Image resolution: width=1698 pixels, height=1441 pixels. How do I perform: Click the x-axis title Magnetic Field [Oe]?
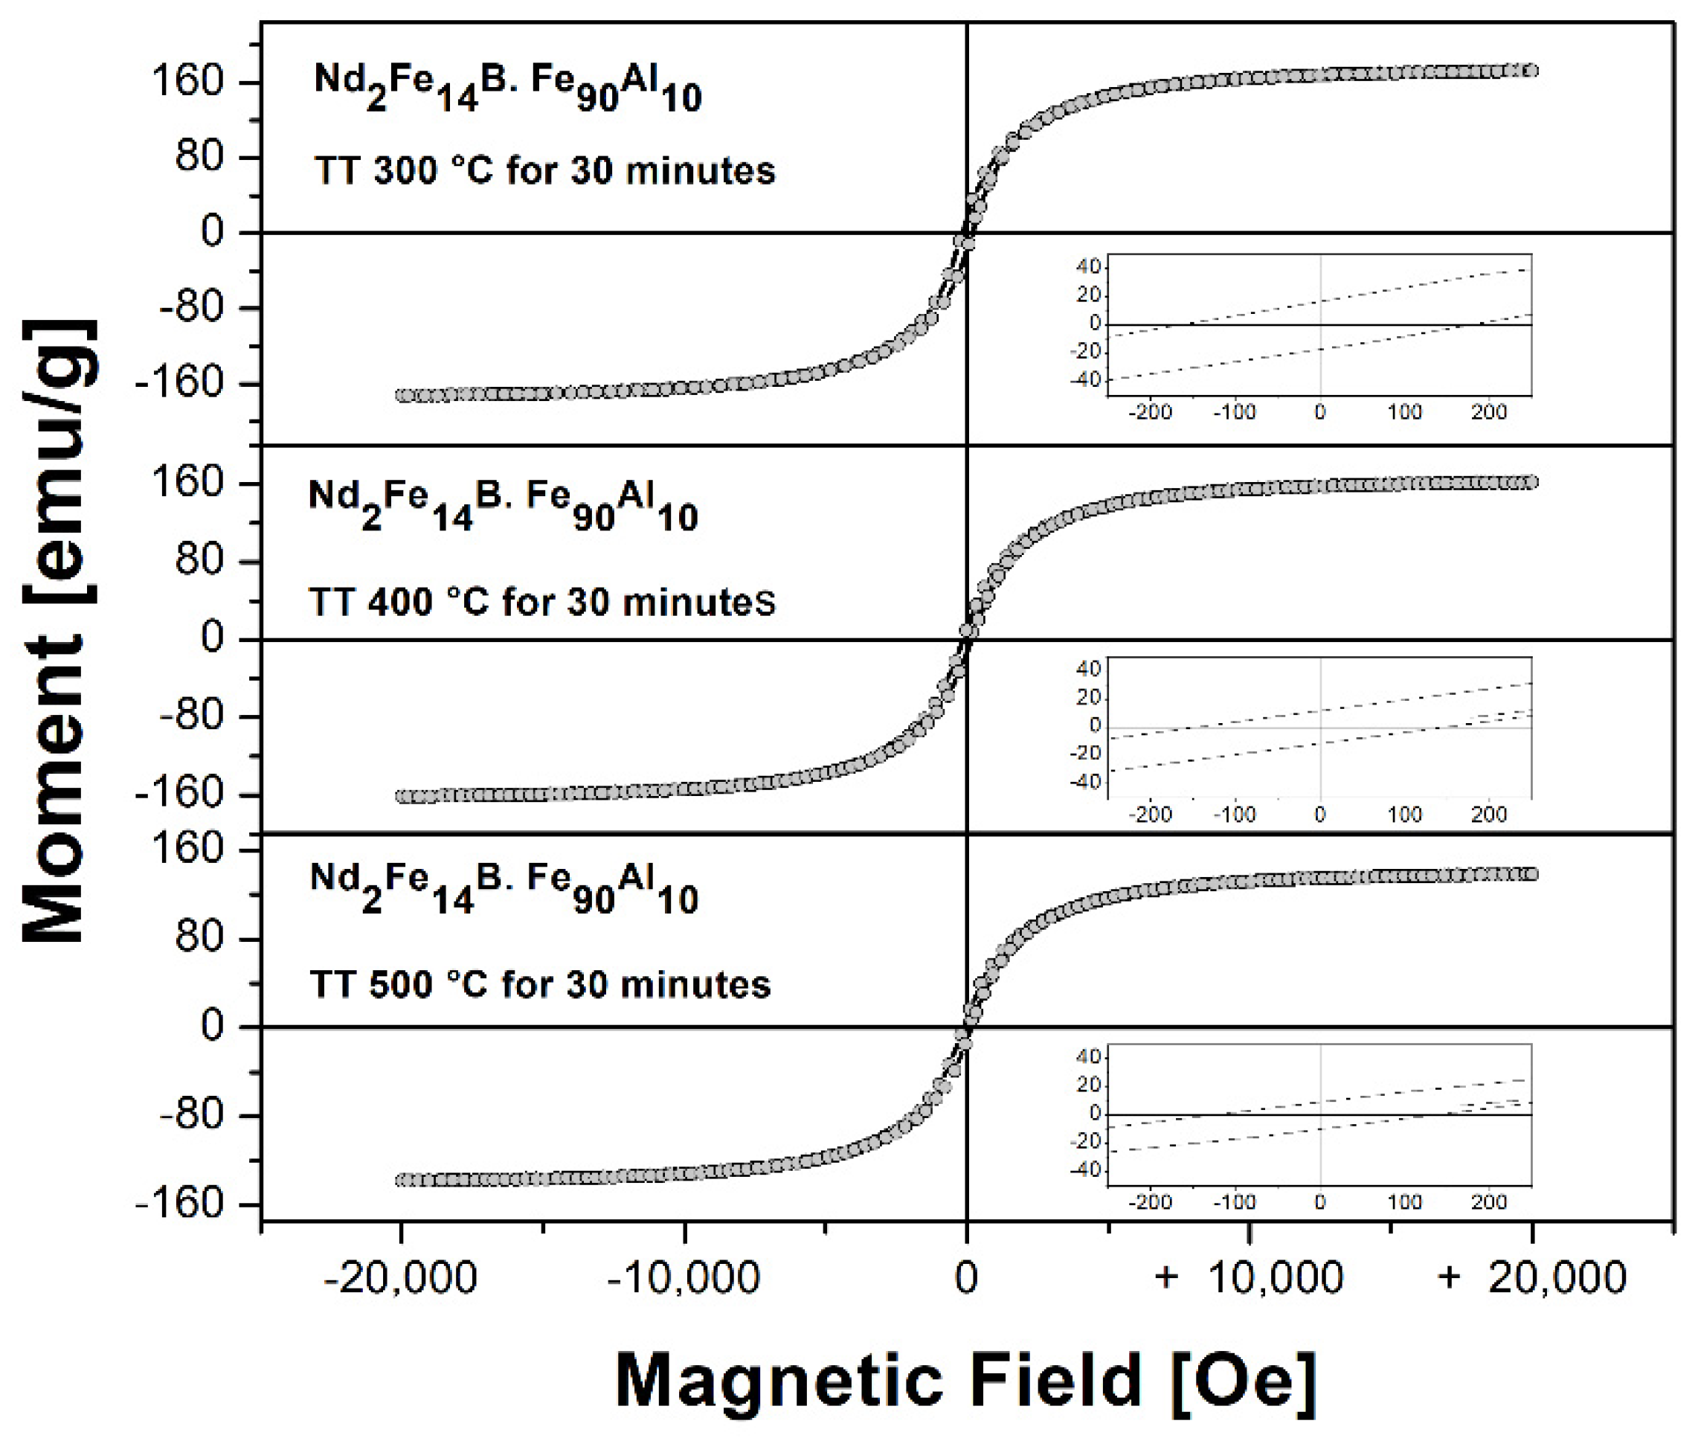point(965,1380)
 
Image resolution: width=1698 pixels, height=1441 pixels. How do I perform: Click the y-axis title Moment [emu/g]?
point(59,630)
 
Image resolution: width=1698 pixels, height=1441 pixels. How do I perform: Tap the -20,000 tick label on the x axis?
point(399,1276)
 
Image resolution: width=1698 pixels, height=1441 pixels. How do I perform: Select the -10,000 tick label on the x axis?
point(683,1276)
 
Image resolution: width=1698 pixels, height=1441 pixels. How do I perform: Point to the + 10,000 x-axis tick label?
point(1249,1276)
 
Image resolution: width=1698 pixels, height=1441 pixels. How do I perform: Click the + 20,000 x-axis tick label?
point(1532,1276)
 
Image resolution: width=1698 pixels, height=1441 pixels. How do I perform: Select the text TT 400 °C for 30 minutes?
point(541,603)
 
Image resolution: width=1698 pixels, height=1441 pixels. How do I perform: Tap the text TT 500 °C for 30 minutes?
point(540,984)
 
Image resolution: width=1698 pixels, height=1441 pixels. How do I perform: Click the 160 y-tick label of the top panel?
point(188,82)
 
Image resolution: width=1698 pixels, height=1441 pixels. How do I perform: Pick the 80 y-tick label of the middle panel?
point(199,561)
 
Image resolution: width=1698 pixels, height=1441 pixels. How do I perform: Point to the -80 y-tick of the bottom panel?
point(190,1114)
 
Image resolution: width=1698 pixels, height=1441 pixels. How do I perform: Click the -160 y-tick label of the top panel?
point(179,382)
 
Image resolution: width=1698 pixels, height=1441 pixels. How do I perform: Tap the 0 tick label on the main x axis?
point(966,1276)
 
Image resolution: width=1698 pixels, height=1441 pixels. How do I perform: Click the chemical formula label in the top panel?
point(507,89)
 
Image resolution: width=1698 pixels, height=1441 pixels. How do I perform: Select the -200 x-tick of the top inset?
point(1149,411)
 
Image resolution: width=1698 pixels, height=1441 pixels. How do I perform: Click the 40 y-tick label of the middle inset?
point(1089,669)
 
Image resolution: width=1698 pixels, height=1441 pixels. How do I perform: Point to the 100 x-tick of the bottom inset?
point(1404,1202)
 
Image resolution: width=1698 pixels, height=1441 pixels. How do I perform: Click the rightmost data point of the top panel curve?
point(1531,70)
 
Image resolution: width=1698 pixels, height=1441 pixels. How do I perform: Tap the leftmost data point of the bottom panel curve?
point(402,1181)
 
